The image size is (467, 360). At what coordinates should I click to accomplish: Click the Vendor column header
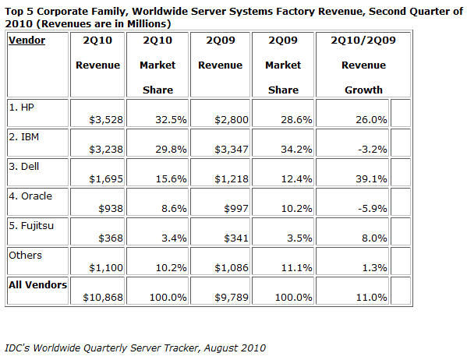pyautogui.click(x=27, y=41)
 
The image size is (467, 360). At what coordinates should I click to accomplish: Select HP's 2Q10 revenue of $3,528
pyautogui.click(x=106, y=120)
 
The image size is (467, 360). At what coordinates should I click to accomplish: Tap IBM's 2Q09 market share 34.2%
pyautogui.click(x=296, y=149)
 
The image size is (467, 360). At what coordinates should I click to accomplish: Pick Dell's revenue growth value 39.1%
pyautogui.click(x=371, y=179)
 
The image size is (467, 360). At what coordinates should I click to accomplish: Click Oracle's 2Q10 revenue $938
pyautogui.click(x=111, y=208)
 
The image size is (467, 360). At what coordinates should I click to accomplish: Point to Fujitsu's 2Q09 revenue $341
pyautogui.click(x=236, y=238)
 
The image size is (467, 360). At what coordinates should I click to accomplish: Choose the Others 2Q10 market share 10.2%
pyautogui.click(x=172, y=268)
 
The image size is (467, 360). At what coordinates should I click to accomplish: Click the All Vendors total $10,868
pyautogui.click(x=103, y=298)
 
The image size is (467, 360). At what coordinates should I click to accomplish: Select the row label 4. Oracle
pyautogui.click(x=30, y=196)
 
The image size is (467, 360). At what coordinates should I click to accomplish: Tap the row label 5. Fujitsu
pyautogui.click(x=31, y=226)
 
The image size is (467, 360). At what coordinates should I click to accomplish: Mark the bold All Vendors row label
pyautogui.click(x=38, y=285)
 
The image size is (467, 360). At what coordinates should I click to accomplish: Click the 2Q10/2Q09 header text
pyautogui.click(x=363, y=41)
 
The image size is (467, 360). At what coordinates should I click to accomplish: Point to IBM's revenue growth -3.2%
pyautogui.click(x=373, y=149)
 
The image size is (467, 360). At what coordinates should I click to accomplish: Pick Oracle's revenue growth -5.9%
pyautogui.click(x=373, y=208)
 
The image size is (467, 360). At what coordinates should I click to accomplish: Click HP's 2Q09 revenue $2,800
pyautogui.click(x=232, y=120)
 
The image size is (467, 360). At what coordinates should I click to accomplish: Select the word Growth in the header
pyautogui.click(x=363, y=90)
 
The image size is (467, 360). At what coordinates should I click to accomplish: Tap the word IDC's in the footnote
pyautogui.click(x=17, y=348)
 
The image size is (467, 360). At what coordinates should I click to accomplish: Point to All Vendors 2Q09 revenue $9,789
pyautogui.click(x=232, y=298)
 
